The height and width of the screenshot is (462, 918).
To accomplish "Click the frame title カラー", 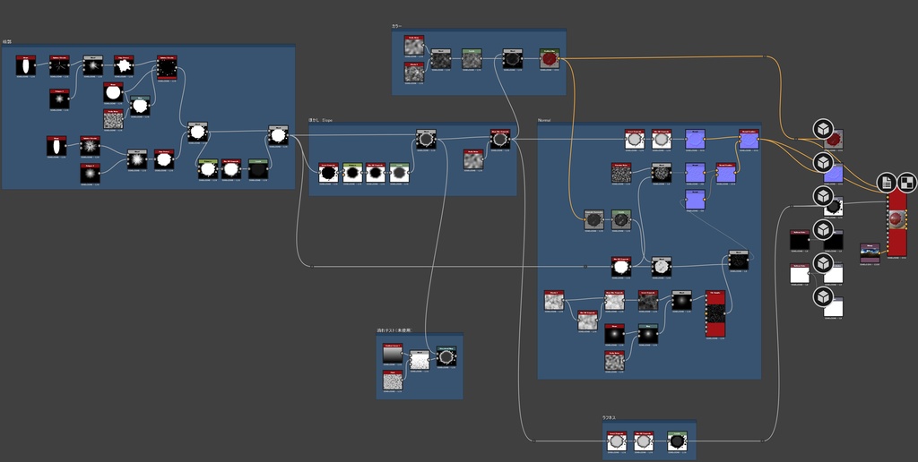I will click(397, 26).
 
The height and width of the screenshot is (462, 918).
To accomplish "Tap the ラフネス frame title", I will click(609, 417).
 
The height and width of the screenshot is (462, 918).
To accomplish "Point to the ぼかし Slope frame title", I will click(320, 119).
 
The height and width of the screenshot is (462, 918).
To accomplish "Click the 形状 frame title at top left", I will click(6, 42).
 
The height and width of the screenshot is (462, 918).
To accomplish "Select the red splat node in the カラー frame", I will click(550, 59).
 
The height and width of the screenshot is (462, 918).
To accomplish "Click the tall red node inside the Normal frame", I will click(714, 314).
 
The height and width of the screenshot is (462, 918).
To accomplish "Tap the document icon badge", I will click(887, 183).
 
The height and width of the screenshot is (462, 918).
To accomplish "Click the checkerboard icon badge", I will click(906, 183).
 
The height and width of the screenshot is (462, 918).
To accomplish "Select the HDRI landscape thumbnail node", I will click(870, 253).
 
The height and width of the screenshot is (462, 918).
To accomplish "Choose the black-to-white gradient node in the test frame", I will click(393, 354).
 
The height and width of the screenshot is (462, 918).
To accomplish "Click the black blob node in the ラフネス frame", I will click(677, 441).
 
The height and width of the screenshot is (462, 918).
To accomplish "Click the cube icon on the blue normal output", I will click(822, 162).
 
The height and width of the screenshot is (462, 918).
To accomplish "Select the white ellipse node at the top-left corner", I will click(26, 66).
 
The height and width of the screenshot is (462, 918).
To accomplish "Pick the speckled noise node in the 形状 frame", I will click(113, 119).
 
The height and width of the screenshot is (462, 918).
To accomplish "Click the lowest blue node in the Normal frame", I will click(695, 200).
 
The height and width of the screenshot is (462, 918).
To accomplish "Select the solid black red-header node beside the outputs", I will click(799, 240).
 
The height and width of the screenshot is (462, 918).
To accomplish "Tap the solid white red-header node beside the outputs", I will click(799, 274).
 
